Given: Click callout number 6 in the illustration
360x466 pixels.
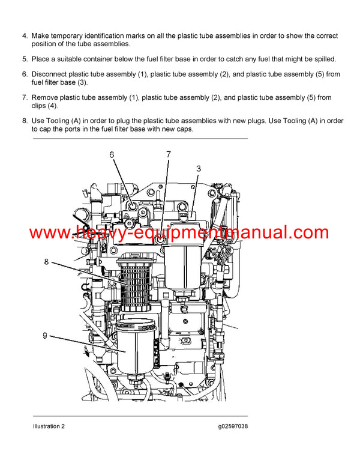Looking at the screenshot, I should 111,155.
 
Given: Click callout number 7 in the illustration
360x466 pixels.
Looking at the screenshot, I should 169,154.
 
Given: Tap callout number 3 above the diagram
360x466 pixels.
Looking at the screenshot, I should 199,168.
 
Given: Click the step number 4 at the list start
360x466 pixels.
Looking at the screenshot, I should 25,37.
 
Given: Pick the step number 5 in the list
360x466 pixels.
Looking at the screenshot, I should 25,59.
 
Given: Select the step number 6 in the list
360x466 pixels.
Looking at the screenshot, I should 25,74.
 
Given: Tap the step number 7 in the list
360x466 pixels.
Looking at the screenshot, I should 25,97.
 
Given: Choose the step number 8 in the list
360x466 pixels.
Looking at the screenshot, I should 25,121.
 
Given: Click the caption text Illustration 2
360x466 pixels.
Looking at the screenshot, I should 49,426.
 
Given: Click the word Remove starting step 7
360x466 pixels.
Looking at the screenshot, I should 46,97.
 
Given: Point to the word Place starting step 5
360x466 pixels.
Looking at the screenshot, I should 41,59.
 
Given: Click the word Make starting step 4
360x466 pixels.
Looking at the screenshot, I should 41,37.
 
